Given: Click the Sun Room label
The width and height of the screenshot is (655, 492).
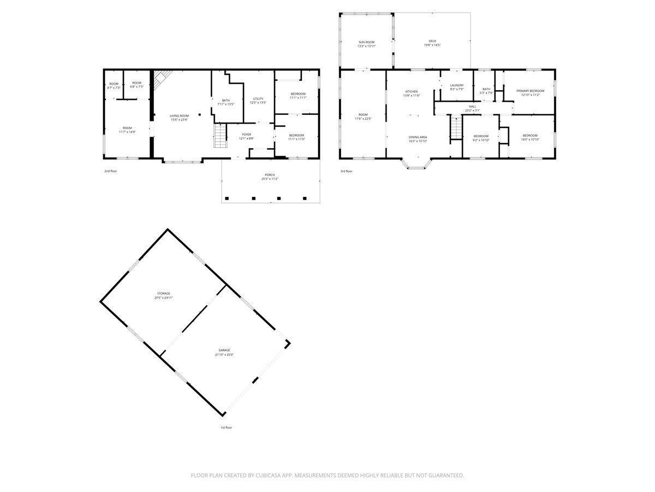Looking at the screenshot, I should (367, 42).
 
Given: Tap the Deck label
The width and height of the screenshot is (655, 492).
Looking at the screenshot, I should (432, 41).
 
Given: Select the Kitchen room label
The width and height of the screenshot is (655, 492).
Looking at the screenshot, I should (411, 91).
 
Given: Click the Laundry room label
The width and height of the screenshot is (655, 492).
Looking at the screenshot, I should (457, 85).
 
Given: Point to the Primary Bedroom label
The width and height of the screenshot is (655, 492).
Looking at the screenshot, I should (530, 91).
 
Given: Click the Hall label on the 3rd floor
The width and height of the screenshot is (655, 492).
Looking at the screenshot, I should (472, 107).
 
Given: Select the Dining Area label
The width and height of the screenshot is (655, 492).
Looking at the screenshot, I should (418, 137).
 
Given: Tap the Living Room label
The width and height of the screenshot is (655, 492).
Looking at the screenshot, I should (179, 116).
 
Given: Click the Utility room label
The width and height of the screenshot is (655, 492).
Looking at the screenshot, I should (258, 99).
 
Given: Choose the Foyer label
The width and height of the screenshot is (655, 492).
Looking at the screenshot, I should (247, 134).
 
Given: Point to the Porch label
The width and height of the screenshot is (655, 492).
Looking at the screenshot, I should (270, 175).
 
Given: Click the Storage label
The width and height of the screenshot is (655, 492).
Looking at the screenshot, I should (164, 294).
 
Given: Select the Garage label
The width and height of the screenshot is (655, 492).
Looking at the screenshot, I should (224, 350).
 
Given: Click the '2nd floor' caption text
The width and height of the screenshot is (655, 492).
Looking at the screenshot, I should (111, 171).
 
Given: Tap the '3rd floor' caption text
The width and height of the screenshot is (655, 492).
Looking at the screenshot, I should (347, 171).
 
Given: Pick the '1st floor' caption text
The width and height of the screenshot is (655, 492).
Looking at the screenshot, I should (226, 427).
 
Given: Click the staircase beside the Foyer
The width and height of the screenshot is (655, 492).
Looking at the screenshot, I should (219, 136).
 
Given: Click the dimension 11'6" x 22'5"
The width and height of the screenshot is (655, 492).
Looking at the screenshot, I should (363, 119).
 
